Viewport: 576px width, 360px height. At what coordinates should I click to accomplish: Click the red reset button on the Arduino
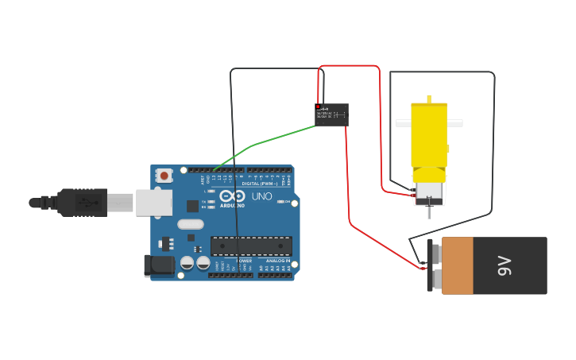[x=164, y=175]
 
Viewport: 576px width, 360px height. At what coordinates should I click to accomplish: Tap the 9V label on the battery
[x=504, y=265]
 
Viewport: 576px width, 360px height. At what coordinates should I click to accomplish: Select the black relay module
[x=331, y=114]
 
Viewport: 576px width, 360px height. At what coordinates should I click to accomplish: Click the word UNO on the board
[x=261, y=196]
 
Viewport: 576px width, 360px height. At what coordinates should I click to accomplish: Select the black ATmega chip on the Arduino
[x=251, y=246]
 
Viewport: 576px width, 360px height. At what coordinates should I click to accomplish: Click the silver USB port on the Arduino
[x=153, y=203]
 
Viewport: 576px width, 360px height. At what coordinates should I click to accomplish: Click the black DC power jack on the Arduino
[x=160, y=265]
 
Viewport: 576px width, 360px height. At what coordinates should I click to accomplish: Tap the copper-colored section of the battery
[x=458, y=265]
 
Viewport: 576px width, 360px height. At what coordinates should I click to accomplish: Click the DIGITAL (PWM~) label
[x=260, y=184]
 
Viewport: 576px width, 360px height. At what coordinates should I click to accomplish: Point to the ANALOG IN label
[x=277, y=261]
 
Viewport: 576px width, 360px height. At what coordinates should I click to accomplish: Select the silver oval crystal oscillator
[x=191, y=224]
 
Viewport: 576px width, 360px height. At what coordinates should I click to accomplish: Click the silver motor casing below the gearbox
[x=429, y=192]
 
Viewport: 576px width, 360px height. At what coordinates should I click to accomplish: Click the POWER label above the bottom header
[x=244, y=261]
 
